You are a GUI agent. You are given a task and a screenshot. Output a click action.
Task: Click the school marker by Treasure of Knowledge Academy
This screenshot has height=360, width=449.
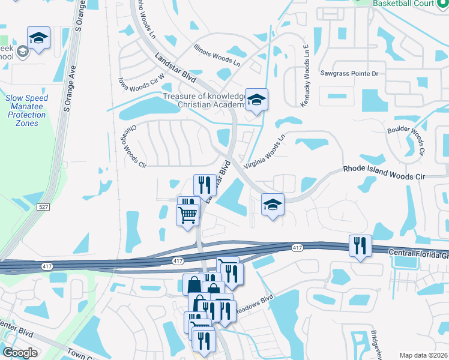[256, 100]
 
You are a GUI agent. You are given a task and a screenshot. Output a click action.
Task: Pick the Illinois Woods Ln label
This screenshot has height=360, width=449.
[217, 55]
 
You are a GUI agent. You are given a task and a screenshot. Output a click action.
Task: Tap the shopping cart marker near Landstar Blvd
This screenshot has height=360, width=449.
[188, 214]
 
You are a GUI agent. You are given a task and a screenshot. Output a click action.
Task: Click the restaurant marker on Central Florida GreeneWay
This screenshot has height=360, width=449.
[360, 245]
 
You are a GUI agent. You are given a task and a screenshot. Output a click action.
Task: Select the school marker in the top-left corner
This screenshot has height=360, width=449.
[39, 38]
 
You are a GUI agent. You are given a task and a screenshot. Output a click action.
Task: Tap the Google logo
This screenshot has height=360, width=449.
[20, 353]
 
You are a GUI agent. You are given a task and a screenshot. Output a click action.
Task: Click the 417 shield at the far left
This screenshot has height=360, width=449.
[47, 265]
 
